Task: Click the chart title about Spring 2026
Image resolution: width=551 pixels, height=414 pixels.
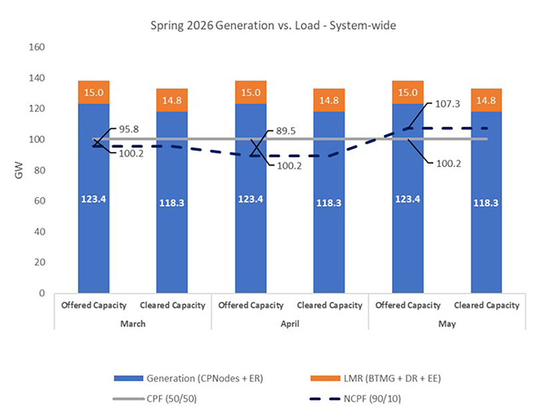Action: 275,26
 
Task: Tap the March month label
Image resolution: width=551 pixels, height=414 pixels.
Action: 133,323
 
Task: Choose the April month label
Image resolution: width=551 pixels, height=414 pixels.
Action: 290,323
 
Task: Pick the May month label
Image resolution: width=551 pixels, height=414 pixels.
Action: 447,323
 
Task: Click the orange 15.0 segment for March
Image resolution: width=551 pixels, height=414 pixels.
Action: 94,92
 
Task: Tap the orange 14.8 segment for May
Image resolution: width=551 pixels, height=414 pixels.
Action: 486,100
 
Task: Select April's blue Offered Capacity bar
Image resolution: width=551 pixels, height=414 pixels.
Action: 251,200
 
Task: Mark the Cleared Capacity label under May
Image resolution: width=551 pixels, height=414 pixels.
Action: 486,305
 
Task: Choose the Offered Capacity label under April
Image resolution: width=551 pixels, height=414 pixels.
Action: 251,305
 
